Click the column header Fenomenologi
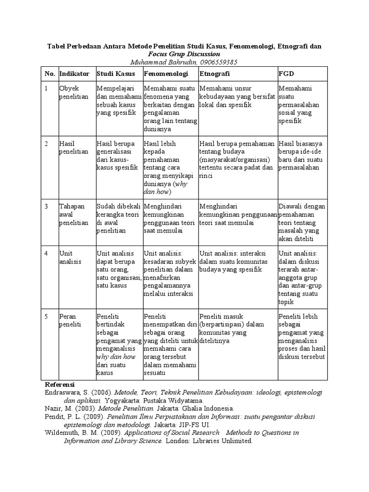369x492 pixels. click(165, 74)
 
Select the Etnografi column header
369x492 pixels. click(214, 74)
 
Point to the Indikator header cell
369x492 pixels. click(74, 74)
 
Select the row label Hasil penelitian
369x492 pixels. click(74, 148)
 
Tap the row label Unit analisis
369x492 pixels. click(70, 257)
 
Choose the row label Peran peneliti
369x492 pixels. click(70, 320)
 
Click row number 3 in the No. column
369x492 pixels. click(47, 206)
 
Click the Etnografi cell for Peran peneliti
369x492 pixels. click(232, 328)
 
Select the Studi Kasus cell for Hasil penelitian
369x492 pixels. click(117, 155)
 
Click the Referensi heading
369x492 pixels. click(60, 385)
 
